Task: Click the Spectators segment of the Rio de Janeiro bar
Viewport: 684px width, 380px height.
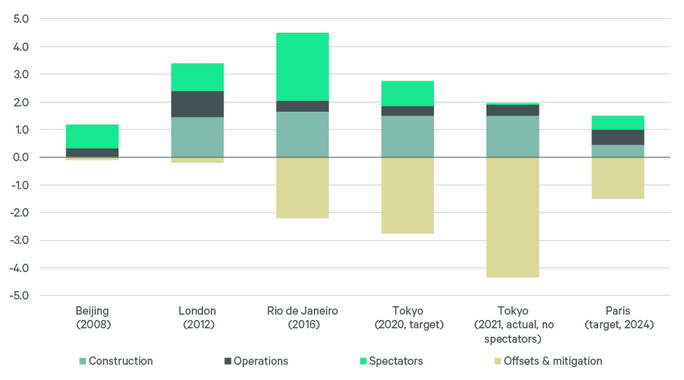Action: pyautogui.click(x=302, y=67)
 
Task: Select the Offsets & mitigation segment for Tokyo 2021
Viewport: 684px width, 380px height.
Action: pyautogui.click(x=513, y=217)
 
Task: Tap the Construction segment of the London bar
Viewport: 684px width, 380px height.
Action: pyautogui.click(x=198, y=137)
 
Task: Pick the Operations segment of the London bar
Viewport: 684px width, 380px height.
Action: pyautogui.click(x=198, y=104)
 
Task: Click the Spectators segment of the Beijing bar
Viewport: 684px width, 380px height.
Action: pyautogui.click(x=92, y=136)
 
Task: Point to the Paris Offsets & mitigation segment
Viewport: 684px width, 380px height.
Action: pyautogui.click(x=618, y=178)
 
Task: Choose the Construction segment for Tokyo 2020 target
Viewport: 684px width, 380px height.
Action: pyautogui.click(x=407, y=137)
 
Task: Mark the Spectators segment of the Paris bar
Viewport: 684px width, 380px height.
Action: pyautogui.click(x=618, y=122)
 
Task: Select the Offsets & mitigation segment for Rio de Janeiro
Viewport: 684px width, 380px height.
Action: pyautogui.click(x=302, y=188)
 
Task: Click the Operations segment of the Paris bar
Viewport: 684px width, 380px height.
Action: pyautogui.click(x=618, y=137)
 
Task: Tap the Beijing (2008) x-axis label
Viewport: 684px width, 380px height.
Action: pyautogui.click(x=92, y=318)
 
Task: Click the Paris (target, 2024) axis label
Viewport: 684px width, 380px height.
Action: pyautogui.click(x=618, y=318)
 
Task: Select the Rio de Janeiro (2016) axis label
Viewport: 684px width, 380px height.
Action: pyautogui.click(x=302, y=318)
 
